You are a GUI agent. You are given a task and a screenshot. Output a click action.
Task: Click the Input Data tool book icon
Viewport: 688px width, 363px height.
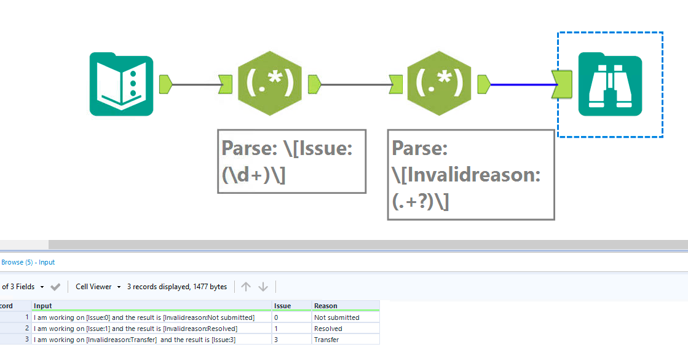(x=121, y=85)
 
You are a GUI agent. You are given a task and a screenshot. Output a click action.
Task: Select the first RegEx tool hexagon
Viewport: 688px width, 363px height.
(x=269, y=83)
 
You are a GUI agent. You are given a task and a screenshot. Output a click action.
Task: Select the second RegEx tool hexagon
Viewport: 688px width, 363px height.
(x=439, y=83)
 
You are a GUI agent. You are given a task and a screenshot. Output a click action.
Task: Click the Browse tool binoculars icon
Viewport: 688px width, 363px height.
(x=609, y=85)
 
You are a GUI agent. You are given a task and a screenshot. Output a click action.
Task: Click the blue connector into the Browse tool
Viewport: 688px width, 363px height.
(x=523, y=84)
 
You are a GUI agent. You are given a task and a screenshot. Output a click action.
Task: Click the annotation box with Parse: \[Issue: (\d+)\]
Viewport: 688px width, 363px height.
(x=291, y=161)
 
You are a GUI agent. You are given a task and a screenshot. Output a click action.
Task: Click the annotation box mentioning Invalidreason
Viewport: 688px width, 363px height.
(x=470, y=174)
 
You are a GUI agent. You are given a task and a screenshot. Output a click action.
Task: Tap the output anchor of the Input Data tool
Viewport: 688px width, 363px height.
(x=165, y=84)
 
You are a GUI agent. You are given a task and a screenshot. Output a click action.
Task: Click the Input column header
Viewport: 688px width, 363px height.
(x=43, y=306)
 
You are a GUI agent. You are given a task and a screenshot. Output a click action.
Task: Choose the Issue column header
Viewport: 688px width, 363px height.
(x=282, y=306)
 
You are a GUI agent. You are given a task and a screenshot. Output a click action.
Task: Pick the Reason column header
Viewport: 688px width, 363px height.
(x=325, y=306)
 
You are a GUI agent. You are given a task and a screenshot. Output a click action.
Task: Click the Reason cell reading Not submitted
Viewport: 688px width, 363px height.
(x=336, y=317)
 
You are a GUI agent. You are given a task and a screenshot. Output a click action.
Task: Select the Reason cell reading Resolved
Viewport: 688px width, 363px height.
(x=328, y=329)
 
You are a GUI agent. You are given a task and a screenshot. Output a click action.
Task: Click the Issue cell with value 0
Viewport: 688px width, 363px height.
(x=276, y=317)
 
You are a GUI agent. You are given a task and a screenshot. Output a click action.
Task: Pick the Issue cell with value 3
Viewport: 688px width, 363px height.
(x=276, y=340)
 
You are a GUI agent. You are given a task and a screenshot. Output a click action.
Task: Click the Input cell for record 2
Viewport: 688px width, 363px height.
(x=135, y=329)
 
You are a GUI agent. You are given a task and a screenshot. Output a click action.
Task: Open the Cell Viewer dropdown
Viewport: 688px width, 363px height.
(x=98, y=287)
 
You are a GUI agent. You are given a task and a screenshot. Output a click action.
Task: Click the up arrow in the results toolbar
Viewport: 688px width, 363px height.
(x=246, y=287)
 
